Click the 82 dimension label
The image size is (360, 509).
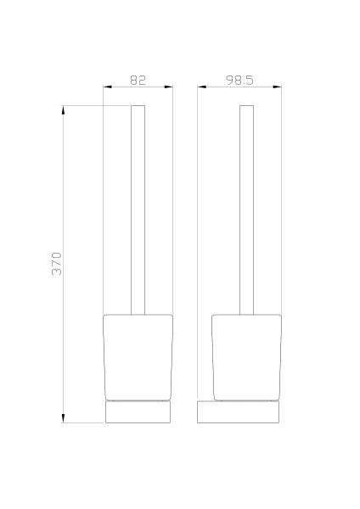pos(138,80)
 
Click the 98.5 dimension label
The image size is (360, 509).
pos(239,80)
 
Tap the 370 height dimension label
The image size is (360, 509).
pos(57,264)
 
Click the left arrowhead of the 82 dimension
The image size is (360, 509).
pos(108,87)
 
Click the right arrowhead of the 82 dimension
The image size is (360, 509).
pos(169,87)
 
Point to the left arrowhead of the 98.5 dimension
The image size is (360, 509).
pos(202,87)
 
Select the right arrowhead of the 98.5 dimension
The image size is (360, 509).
pos(277,87)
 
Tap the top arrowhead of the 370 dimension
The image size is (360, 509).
pos(63,110)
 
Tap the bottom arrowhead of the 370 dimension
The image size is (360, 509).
pos(63,418)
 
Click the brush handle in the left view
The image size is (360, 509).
pos(138,210)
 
